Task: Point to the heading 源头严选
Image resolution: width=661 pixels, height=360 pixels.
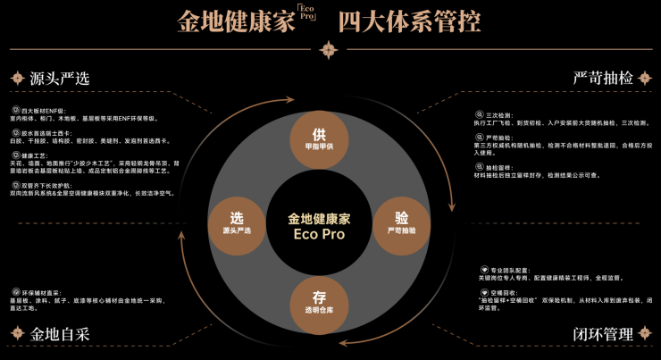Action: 60,78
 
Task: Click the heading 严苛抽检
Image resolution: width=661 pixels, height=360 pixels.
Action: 603,78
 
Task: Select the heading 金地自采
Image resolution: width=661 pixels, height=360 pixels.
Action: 60,335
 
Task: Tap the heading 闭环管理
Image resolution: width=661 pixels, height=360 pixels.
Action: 603,335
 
